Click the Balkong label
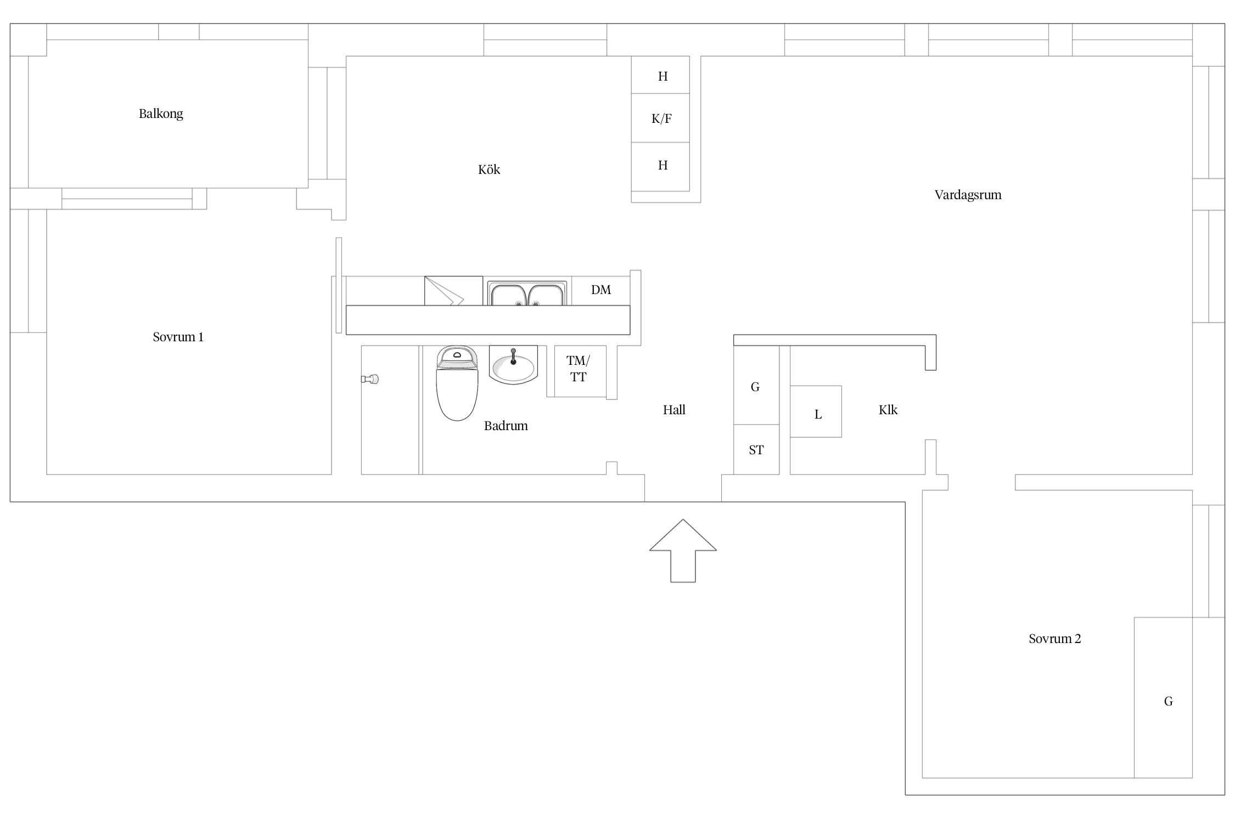pos(161,114)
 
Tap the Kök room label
pos(489,170)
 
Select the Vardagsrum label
pos(968,195)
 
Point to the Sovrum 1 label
pos(178,337)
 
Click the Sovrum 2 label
pos(1054,639)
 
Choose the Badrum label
pos(506,426)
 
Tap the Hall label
pos(674,410)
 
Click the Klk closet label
pos(888,410)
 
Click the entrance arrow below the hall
pos(683,550)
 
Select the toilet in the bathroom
pos(457,383)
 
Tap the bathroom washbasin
pos(513,365)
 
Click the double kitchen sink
pos(527,294)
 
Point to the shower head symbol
pos(370,379)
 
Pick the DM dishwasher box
pos(600,290)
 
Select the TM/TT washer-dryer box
pos(580,371)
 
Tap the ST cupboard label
pos(756,450)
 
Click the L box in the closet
pos(816,411)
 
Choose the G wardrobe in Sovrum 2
pos(1163,698)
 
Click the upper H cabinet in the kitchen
pos(660,75)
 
